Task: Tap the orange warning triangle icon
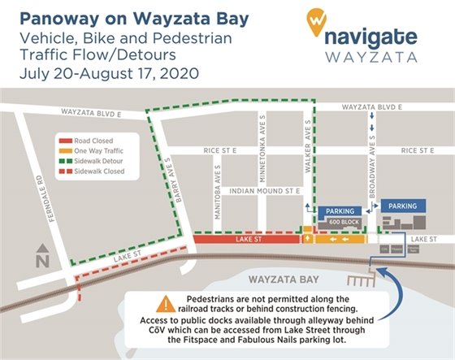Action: coord(167,304)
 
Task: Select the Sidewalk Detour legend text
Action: coord(103,161)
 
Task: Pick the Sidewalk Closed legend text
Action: coord(102,172)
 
